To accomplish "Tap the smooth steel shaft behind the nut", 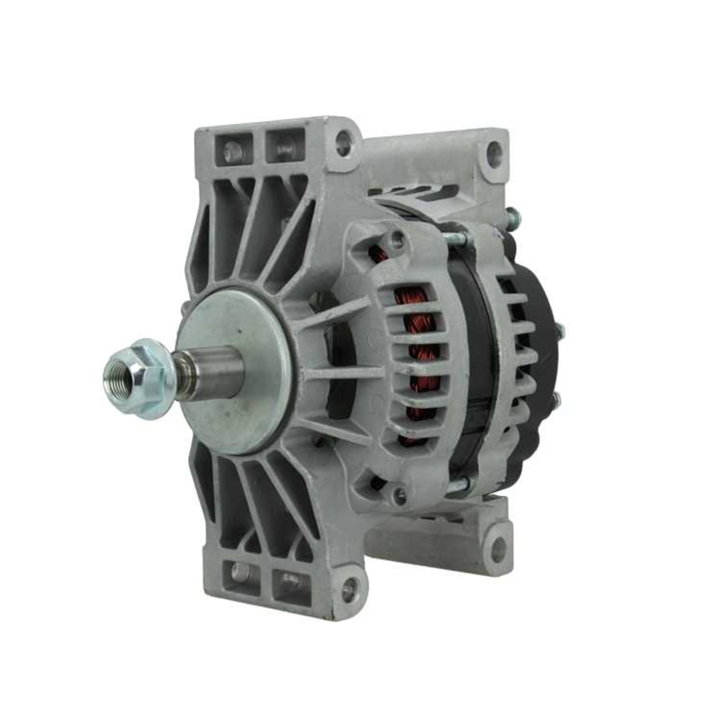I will (213, 371).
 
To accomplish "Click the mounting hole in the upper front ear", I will (343, 142).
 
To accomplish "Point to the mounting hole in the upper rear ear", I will (494, 153).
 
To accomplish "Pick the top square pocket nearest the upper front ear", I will (285, 148).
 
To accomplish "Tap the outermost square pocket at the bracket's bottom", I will (240, 574).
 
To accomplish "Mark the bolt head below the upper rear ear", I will (513, 216).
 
